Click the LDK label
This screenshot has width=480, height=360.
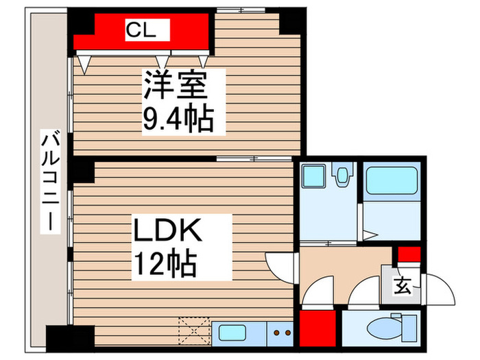tap(168, 230)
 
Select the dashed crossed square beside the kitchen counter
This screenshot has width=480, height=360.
tap(194, 331)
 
